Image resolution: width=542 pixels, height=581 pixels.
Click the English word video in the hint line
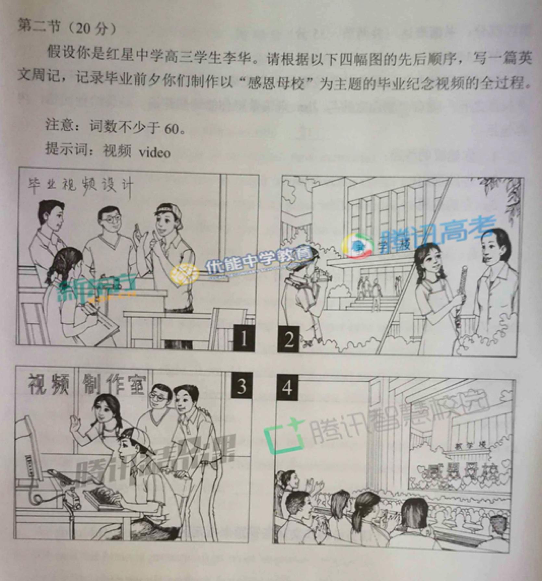click(154, 152)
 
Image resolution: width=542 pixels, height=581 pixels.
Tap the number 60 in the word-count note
click(171, 129)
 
